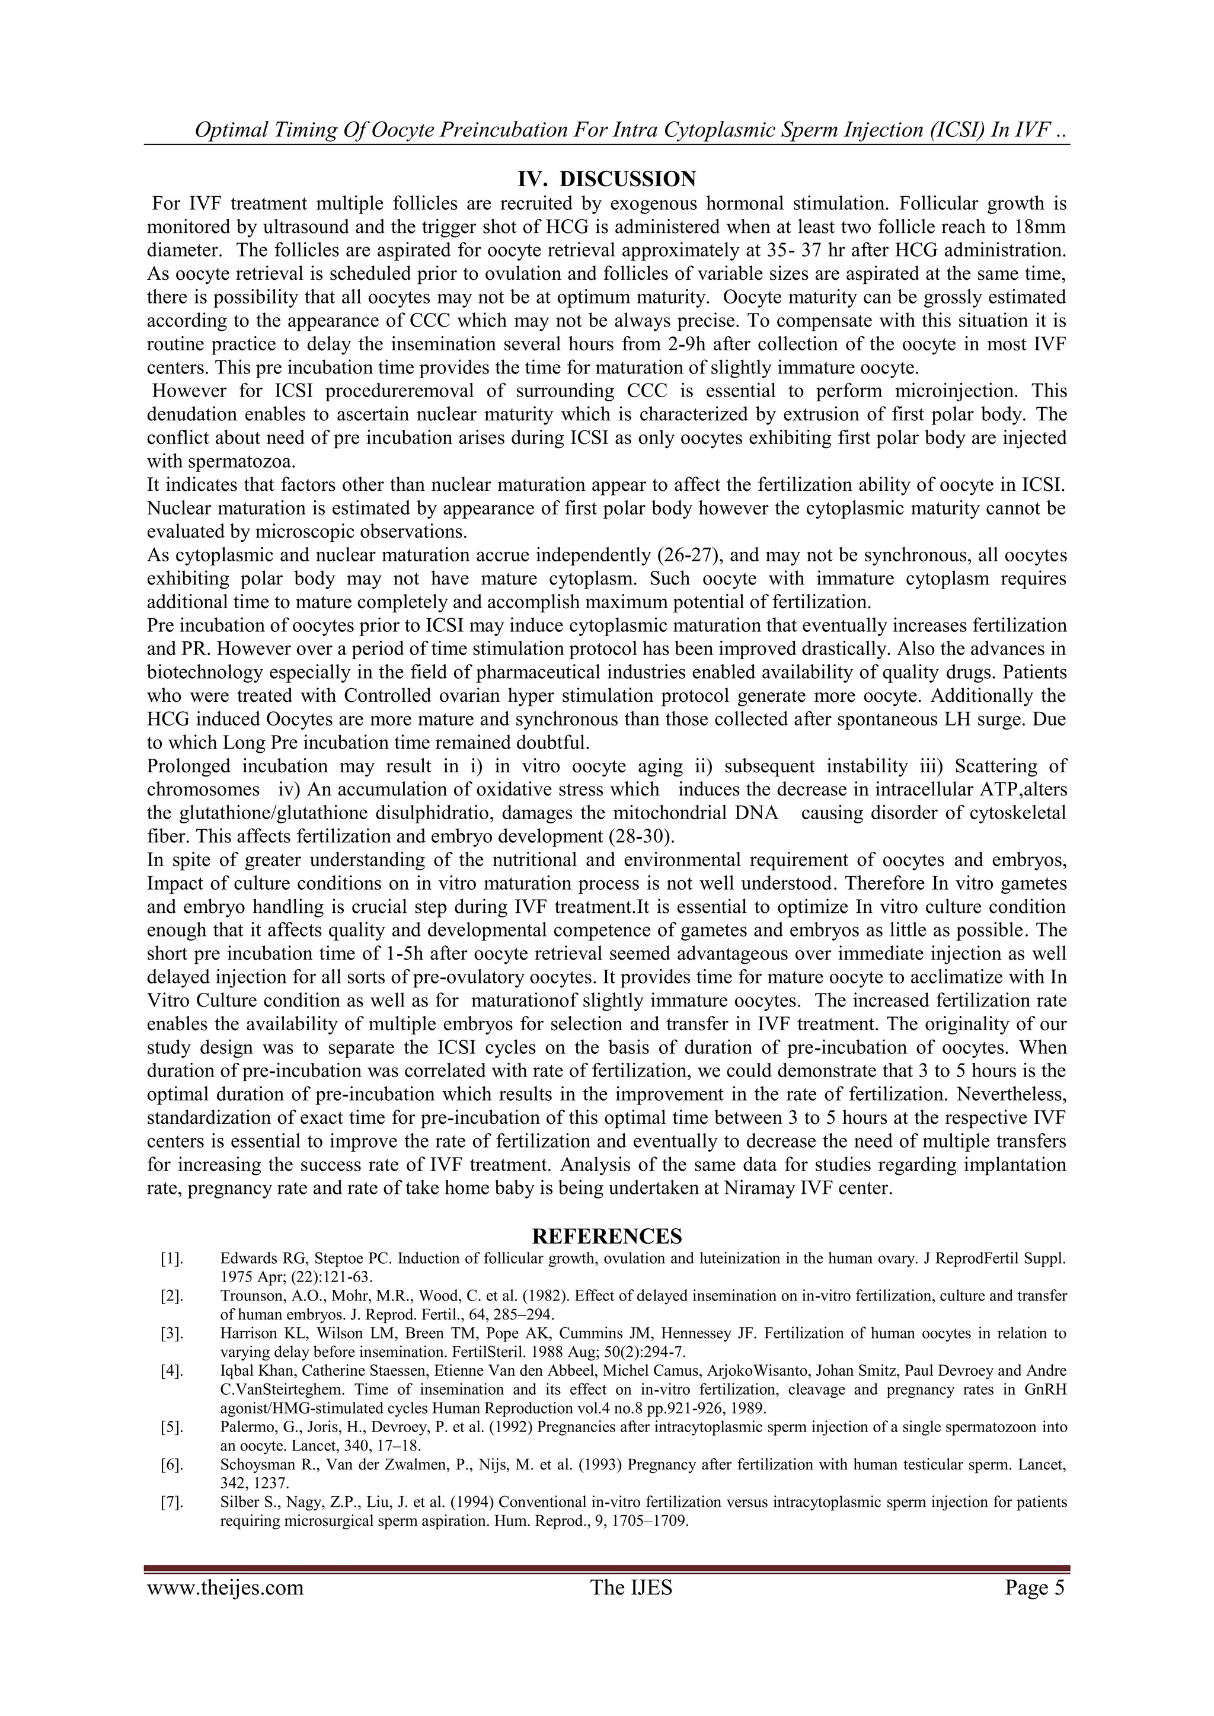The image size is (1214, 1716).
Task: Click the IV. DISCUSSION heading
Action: [x=606, y=180]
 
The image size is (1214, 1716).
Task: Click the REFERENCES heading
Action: [x=606, y=1235]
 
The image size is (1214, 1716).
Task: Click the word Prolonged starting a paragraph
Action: [x=189, y=766]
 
